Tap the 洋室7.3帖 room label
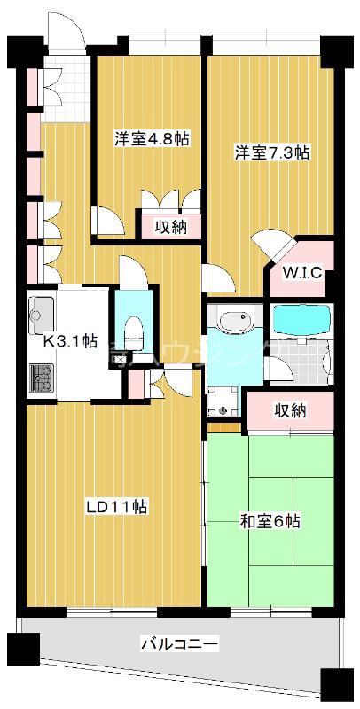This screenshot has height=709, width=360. click(x=271, y=152)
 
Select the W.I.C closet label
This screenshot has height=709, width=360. click(x=301, y=273)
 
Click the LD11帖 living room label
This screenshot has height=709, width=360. click(x=116, y=507)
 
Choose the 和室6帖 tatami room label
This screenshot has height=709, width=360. click(x=270, y=521)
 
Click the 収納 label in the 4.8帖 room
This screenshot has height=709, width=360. click(x=171, y=227)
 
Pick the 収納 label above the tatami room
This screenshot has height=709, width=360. click(x=289, y=410)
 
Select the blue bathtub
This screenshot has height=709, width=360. click(x=301, y=321)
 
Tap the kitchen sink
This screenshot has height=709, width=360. click(x=42, y=313)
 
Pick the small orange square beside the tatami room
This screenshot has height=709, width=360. click(x=227, y=428)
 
